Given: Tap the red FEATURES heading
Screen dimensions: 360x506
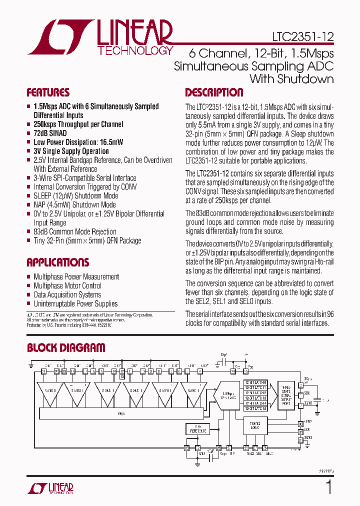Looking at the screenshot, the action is (x=48, y=92).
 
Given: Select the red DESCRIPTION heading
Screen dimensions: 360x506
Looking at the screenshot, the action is (x=214, y=92).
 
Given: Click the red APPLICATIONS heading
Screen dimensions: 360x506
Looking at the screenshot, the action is (x=57, y=262).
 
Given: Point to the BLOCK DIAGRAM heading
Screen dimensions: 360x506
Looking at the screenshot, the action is (x=66, y=348).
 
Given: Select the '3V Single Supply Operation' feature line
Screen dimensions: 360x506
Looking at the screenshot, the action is (x=71, y=151).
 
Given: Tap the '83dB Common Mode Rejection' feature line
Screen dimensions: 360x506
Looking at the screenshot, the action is (x=75, y=231).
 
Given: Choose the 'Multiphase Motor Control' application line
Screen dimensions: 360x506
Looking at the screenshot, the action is (x=67, y=285).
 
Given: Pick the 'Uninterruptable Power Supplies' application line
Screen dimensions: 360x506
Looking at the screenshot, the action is (x=75, y=303).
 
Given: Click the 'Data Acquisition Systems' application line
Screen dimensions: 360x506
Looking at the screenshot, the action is (x=67, y=294).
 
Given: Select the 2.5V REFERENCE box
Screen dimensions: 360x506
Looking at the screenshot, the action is (x=197, y=428).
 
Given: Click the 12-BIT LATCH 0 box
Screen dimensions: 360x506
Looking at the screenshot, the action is (x=255, y=382).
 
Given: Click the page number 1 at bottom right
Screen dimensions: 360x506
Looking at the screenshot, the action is (x=328, y=486).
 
